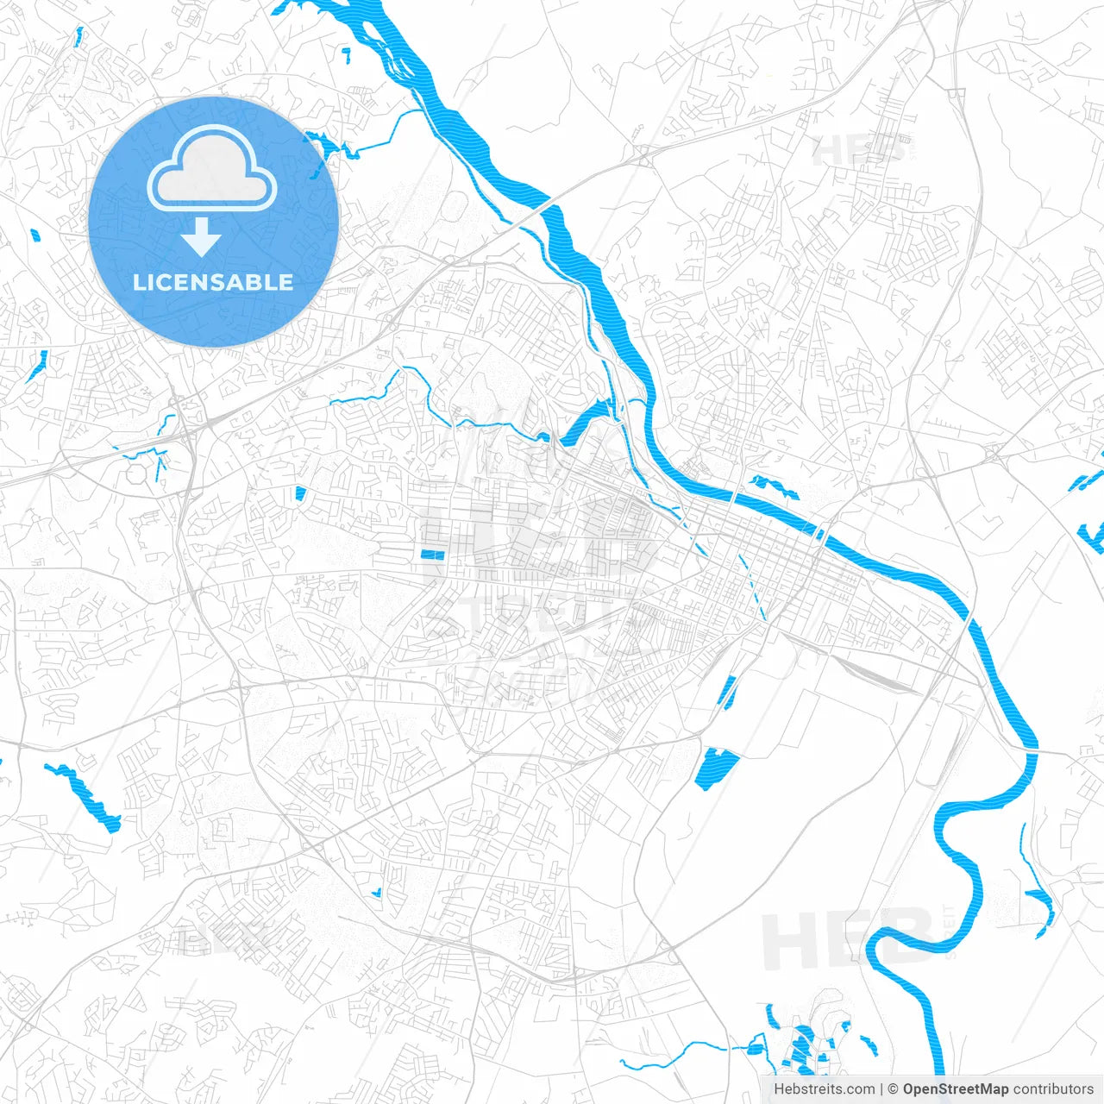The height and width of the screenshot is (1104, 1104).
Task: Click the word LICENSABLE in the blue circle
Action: click(x=213, y=282)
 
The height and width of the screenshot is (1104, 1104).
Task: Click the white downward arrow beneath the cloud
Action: click(x=201, y=238)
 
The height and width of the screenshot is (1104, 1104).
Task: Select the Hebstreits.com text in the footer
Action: click(x=824, y=1089)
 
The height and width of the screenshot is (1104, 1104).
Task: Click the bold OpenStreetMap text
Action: click(x=956, y=1089)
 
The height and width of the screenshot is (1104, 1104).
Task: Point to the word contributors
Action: click(x=1053, y=1089)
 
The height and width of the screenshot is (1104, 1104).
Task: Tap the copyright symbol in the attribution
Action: click(x=893, y=1089)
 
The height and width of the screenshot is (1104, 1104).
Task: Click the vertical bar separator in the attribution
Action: click(x=881, y=1089)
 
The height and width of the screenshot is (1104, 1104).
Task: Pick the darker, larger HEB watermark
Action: click(x=845, y=940)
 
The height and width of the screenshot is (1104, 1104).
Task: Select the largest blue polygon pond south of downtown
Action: click(x=717, y=768)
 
